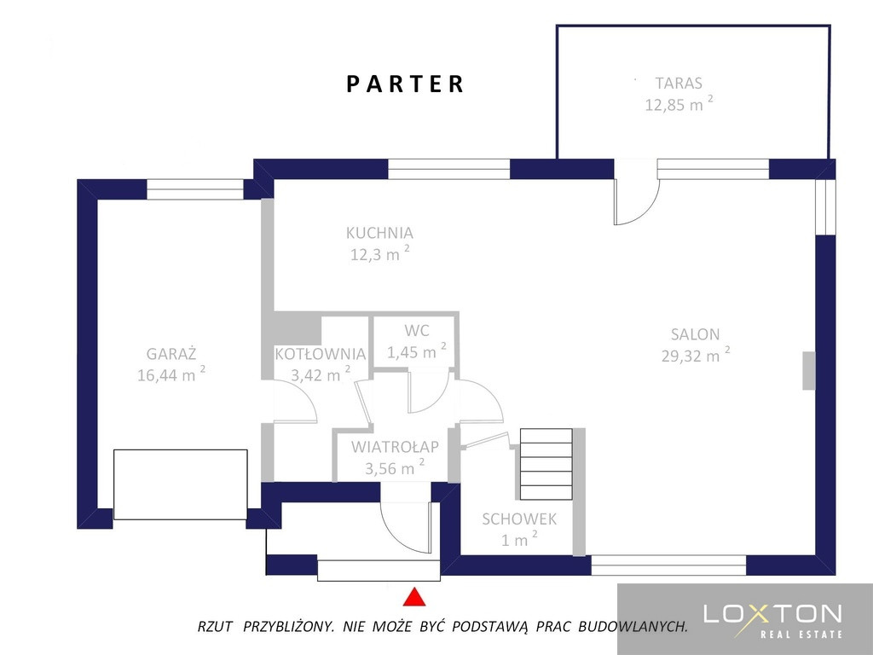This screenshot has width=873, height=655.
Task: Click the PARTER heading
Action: pos(405,84)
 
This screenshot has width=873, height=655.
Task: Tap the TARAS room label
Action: pos(679,83)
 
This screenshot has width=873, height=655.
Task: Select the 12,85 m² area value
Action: pos(679,103)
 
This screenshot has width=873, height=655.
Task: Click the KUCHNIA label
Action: pos(379,233)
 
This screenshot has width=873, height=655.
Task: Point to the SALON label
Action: pos(696,334)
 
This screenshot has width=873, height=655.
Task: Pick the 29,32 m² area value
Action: pos(696,355)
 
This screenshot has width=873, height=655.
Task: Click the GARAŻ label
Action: pos(171,353)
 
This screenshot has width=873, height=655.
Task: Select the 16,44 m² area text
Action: pos(171,374)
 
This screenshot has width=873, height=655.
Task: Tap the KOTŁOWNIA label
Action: pos(321,354)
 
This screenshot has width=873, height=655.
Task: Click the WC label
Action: pos(416,330)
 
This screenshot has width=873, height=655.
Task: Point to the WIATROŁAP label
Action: pos(395,447)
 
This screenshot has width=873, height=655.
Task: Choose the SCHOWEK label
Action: pos(519,519)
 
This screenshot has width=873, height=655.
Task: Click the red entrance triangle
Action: pos(414,597)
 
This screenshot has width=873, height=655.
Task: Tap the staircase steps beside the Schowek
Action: pos(546,464)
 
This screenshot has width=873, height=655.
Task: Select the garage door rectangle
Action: pos(181,484)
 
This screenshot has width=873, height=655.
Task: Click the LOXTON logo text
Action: pos(772,614)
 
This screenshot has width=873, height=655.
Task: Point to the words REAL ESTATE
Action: pos(801,634)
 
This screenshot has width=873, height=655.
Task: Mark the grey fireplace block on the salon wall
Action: pos(808,370)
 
